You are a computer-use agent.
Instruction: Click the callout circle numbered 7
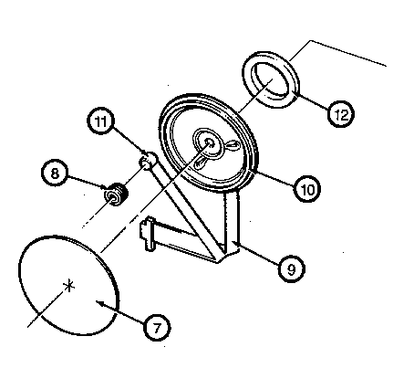pos(157,328)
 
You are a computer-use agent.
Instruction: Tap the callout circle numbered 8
pos(55,173)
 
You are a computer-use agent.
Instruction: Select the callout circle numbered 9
pos(292,269)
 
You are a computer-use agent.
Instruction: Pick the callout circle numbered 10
pos(307,189)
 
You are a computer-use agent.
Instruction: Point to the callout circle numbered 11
pos(101,121)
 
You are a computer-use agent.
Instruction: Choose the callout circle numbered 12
pos(341,114)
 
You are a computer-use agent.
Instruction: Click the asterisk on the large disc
pos(69,286)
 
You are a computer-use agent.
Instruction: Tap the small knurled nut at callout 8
pos(116,195)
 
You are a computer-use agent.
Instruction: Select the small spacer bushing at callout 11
pos(148,161)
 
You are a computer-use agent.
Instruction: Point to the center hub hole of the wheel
pos(210,142)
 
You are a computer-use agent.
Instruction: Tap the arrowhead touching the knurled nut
pos(105,186)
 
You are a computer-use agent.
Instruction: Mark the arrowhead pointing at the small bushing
pos(147,153)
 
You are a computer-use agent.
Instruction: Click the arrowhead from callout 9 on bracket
pos(234,243)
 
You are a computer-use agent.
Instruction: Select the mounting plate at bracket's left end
pos(147,234)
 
